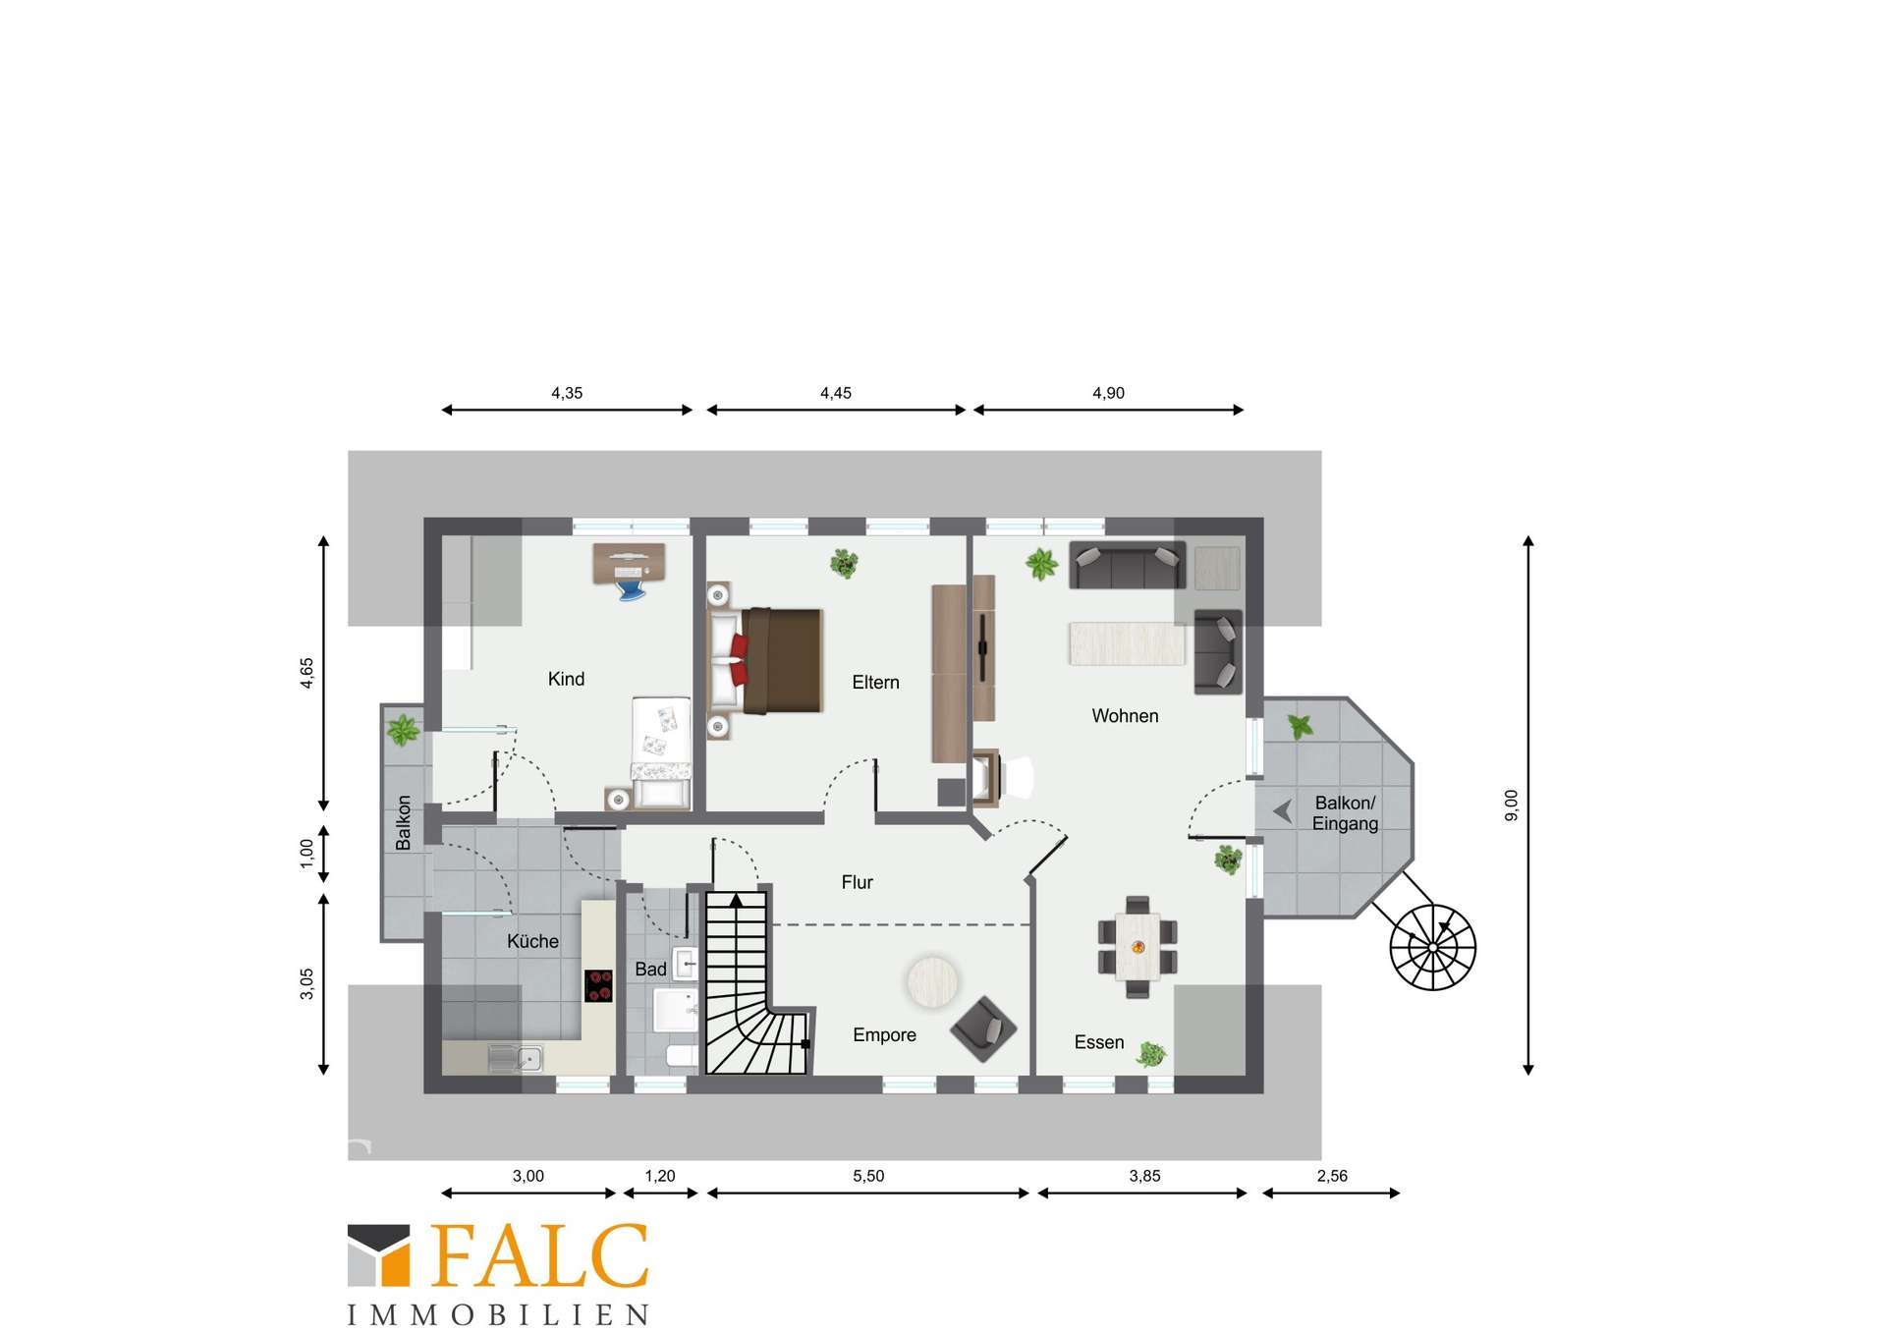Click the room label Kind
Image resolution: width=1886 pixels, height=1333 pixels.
[566, 679]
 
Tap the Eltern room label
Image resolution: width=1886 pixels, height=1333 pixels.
[875, 683]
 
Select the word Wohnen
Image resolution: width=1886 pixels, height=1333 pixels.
[1125, 716]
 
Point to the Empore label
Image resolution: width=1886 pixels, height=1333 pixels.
[884, 1035]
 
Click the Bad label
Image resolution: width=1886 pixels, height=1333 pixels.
[650, 970]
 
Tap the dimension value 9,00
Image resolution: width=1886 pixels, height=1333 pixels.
[1511, 805]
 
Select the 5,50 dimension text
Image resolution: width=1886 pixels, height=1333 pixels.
[868, 1176]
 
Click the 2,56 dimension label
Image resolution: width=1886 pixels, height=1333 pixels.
[1332, 1176]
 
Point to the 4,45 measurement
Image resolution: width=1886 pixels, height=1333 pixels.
[836, 393]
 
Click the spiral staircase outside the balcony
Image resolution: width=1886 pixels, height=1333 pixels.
[1432, 947]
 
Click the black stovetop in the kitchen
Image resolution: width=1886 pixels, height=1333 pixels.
[598, 985]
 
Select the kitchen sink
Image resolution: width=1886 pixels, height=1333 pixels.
[516, 1059]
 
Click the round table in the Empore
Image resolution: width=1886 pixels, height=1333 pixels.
[932, 981]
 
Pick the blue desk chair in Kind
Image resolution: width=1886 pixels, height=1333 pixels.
[630, 588]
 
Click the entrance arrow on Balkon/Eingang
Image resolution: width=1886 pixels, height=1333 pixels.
[1282, 811]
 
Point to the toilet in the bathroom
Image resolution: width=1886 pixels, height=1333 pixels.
[681, 1057]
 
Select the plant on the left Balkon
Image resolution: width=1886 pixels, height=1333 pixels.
[403, 731]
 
